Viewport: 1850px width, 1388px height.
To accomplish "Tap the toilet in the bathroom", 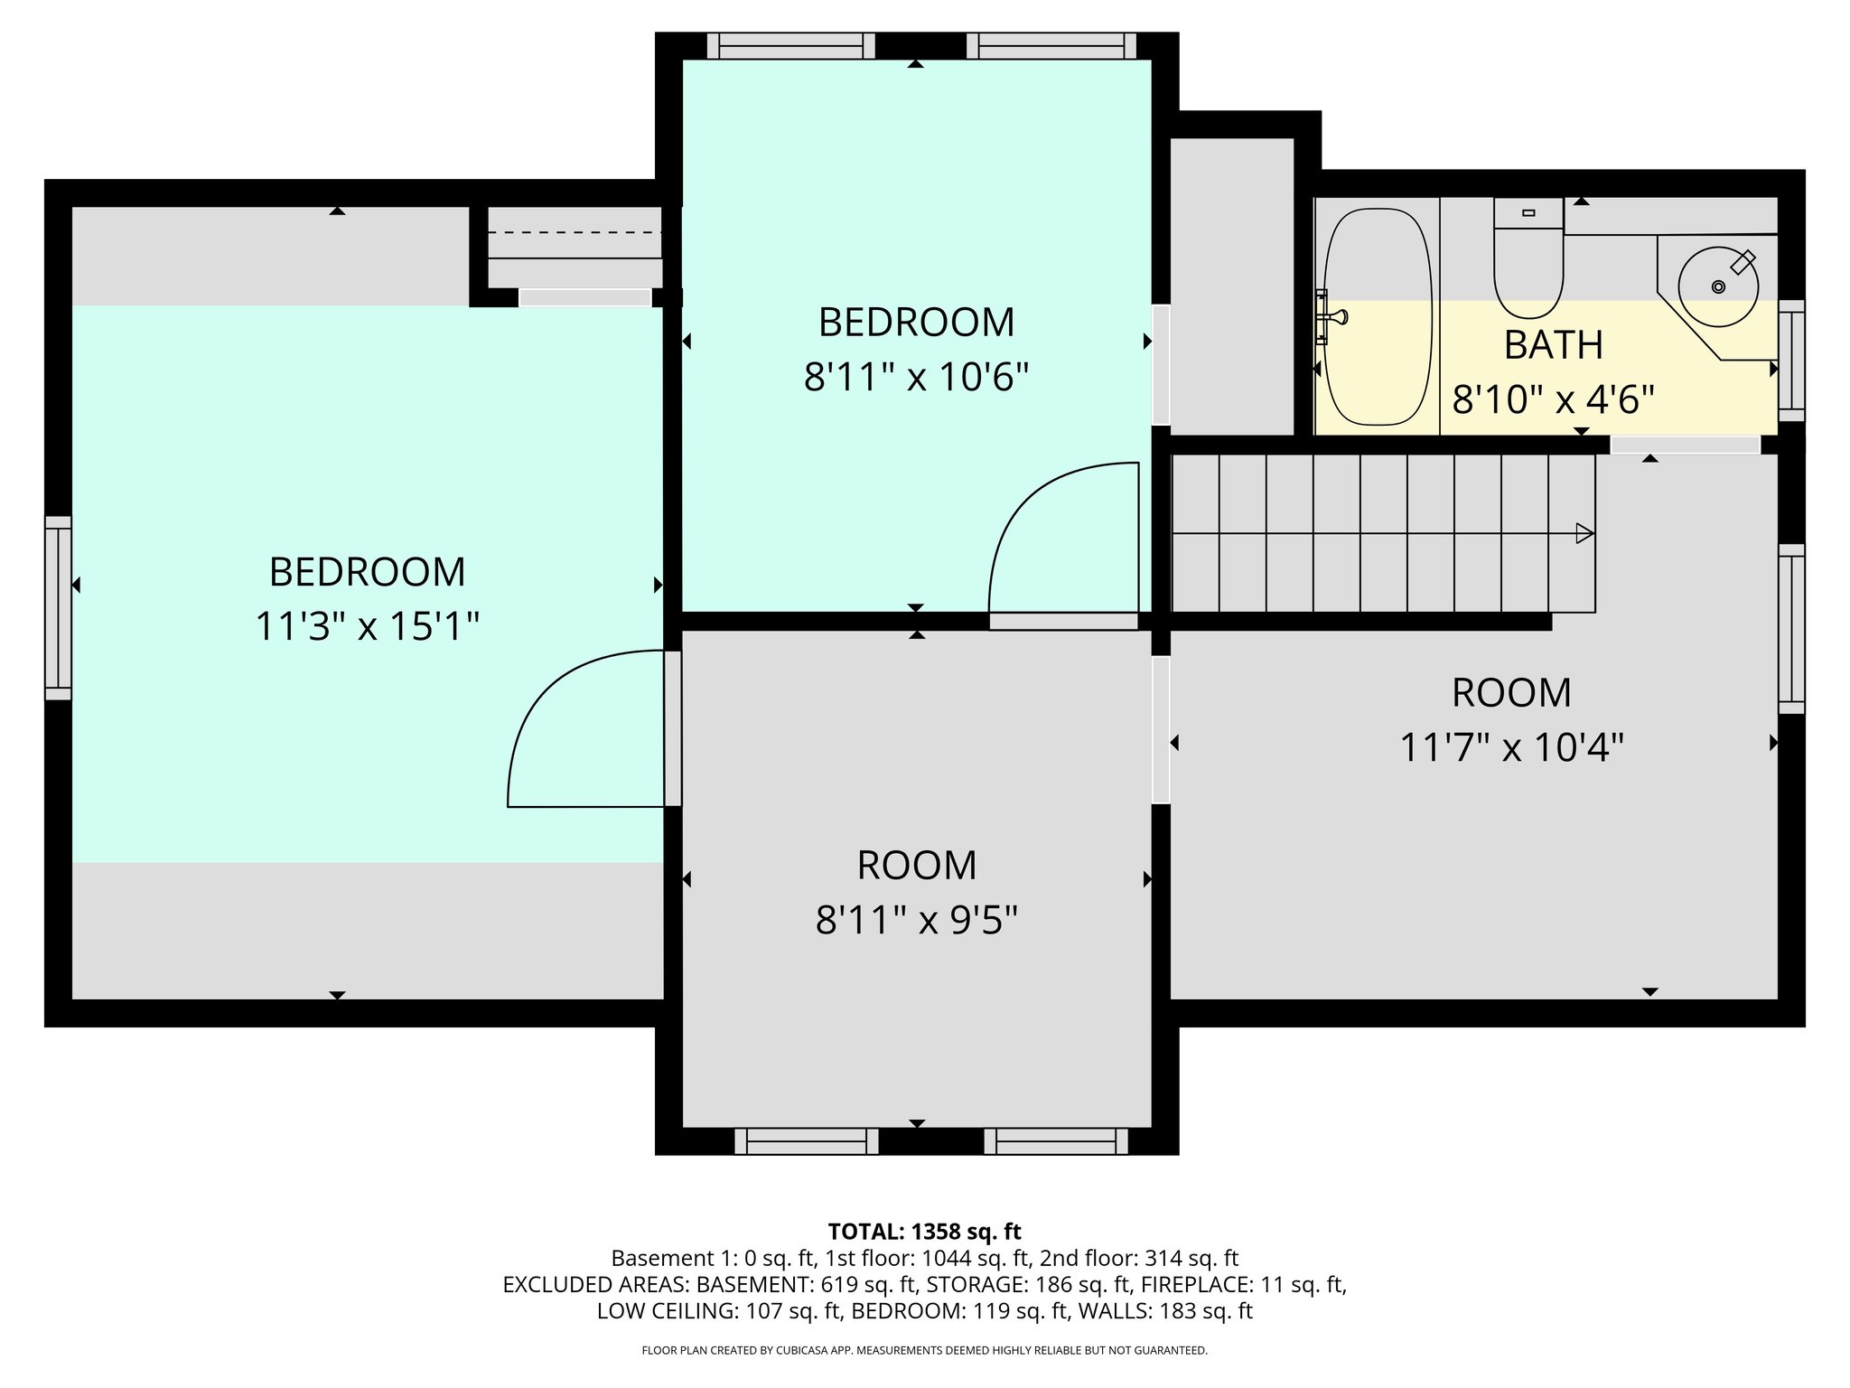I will (1528, 262).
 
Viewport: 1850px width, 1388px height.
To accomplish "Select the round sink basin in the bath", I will (1718, 286).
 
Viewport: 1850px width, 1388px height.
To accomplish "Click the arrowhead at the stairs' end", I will (1584, 534).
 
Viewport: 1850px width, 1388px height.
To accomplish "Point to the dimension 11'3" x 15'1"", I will (367, 626).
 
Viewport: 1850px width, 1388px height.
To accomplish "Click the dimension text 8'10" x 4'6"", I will (1553, 399).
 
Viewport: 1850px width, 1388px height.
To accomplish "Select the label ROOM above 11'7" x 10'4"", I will (1511, 693).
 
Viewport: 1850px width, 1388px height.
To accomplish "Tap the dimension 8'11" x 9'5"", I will (916, 921).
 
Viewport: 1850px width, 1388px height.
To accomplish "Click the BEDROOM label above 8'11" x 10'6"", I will (916, 323).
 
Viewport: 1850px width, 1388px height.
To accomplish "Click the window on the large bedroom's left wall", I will (59, 607).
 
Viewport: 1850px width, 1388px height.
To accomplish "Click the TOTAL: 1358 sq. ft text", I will (924, 1231).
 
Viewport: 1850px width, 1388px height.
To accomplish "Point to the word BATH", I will (1553, 345).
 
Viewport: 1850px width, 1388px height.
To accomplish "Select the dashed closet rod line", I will (575, 233).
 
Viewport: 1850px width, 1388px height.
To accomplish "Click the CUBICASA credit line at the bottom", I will (924, 1350).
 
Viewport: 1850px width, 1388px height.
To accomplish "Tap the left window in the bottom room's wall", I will (807, 1140).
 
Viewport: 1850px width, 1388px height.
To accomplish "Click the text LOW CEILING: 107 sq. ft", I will (719, 1311).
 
